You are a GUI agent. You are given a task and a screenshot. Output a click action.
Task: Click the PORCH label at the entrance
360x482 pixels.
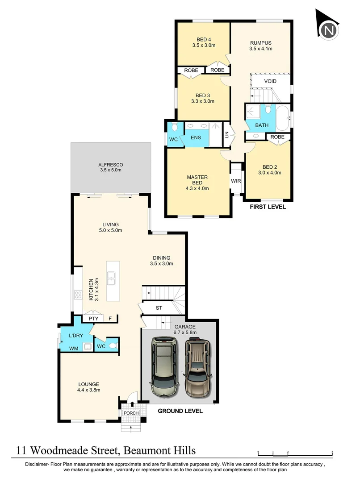pos(131,413)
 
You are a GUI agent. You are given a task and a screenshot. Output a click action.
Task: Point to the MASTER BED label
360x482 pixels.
pos(197,180)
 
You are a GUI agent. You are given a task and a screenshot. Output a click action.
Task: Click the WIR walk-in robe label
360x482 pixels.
pos(235,181)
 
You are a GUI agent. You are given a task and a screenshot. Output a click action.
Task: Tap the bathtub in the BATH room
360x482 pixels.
pos(282,117)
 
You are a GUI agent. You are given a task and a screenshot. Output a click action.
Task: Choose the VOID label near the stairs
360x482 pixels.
pos(270,81)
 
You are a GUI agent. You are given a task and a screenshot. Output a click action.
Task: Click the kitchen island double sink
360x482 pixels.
pos(112,278)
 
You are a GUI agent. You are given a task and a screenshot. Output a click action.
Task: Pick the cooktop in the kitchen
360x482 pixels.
pos(78,295)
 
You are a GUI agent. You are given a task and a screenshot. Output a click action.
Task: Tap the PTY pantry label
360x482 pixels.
pos(93,319)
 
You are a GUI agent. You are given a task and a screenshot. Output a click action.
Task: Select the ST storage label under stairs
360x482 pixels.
pos(159,308)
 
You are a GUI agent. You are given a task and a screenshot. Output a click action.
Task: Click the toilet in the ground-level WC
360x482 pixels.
pos(113,345)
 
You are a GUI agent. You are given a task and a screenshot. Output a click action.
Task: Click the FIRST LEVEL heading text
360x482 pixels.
pos(268,207)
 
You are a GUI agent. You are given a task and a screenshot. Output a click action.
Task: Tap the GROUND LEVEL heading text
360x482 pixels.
pos(180,411)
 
